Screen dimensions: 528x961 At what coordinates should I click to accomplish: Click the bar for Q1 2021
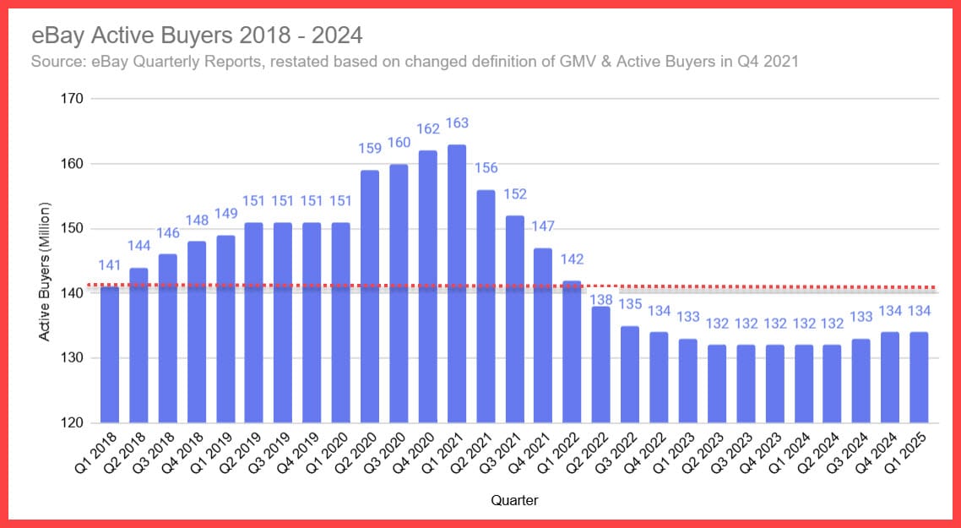pos(457,284)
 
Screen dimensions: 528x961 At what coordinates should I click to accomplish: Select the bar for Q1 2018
pos(110,355)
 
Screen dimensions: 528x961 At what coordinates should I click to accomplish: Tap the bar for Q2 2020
pos(370,297)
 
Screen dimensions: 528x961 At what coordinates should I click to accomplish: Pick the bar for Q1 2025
pos(919,378)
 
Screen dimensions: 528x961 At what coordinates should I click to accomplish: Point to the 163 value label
pos(457,123)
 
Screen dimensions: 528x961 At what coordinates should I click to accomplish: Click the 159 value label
pos(370,149)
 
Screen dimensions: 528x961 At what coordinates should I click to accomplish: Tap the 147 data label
pos(543,227)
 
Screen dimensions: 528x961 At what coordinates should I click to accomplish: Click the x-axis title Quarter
pos(514,500)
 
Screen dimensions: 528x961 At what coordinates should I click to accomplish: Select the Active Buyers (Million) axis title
pos(45,271)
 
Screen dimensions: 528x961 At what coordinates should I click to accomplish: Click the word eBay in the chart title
pos(53,36)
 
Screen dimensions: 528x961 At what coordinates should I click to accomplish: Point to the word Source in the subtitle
pos(57,62)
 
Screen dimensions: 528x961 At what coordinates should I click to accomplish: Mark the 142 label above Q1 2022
pos(573,259)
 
